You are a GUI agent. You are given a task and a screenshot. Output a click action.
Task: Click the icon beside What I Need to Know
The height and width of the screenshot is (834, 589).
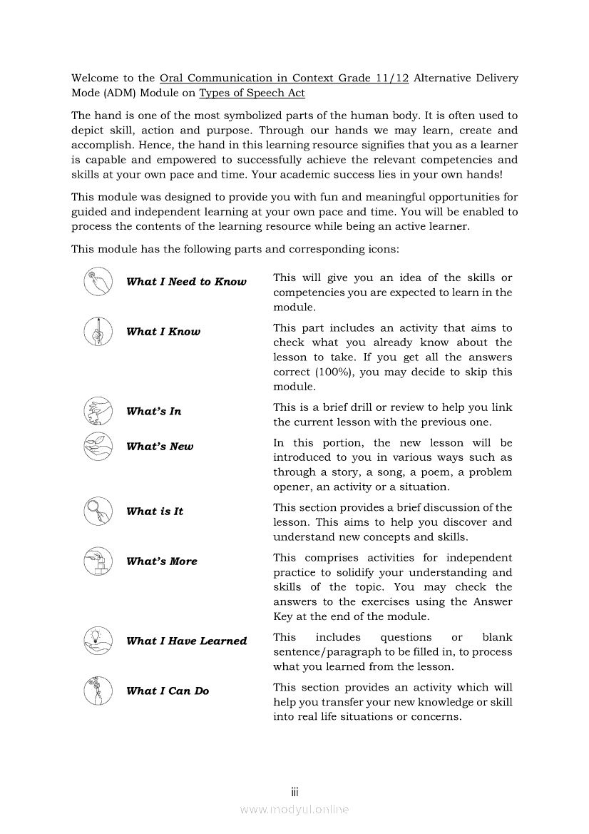[x=98, y=281]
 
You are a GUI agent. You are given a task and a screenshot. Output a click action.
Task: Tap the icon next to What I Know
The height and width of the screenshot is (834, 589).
[x=98, y=331]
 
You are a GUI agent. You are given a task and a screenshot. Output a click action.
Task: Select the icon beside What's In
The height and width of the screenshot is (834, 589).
[x=98, y=411]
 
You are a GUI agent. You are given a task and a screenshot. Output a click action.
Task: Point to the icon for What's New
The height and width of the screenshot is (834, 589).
[x=98, y=446]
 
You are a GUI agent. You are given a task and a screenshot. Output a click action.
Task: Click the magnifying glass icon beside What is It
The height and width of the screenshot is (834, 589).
[x=98, y=511]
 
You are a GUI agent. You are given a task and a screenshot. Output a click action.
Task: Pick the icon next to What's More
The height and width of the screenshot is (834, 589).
[x=98, y=561]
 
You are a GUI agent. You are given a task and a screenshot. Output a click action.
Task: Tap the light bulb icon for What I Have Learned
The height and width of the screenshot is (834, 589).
[x=98, y=640]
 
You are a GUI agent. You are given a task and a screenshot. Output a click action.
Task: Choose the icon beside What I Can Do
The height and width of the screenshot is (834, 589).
[x=98, y=690]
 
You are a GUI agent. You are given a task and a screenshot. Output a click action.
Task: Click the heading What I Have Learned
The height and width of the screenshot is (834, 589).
[x=186, y=641]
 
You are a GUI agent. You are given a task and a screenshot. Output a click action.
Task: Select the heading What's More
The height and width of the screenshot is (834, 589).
[x=161, y=561]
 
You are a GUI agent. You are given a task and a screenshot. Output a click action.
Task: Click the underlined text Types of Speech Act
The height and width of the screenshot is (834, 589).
[x=252, y=93]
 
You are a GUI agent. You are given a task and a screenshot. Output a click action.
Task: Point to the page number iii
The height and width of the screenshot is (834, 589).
[x=294, y=792]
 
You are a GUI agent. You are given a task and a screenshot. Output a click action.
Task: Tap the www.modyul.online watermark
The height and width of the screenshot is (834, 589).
[x=294, y=809]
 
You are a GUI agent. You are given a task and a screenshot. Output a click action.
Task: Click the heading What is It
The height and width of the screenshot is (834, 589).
[x=154, y=512]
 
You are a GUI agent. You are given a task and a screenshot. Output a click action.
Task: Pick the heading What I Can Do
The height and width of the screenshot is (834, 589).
[x=168, y=691]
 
